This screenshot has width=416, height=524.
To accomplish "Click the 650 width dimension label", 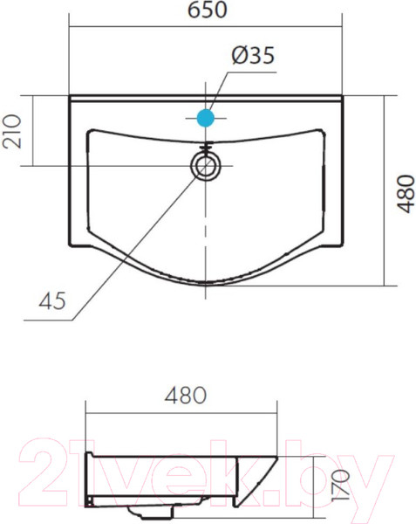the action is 208,10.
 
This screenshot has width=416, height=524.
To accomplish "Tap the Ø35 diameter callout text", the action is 253,55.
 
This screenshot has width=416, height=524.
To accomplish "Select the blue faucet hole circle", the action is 206,118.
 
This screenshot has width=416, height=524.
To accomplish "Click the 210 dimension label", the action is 11,131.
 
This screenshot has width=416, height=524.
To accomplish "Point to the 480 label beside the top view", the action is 406,194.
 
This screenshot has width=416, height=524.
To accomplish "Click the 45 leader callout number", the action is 52,300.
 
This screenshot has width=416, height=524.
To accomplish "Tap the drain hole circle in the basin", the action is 206,166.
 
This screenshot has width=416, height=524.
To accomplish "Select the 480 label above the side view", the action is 186,395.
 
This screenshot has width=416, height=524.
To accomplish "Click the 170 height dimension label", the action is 340,485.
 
